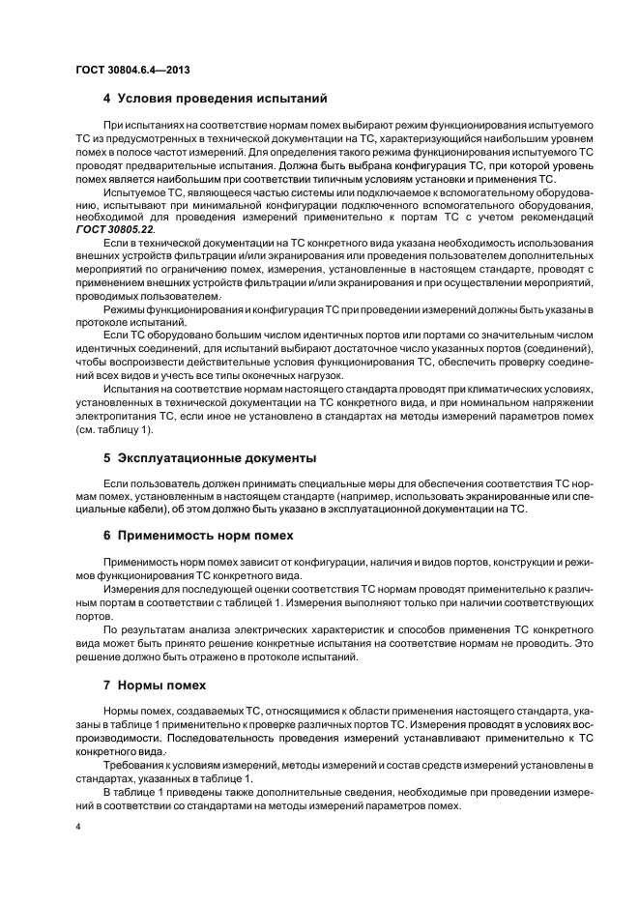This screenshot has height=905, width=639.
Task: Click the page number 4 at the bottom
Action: pos(78,829)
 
